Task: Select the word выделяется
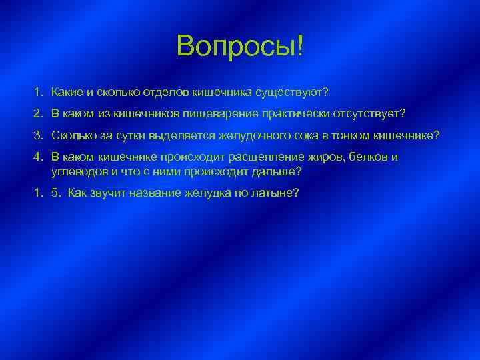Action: pyautogui.click(x=184, y=135)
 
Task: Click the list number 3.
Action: pyautogui.click(x=39, y=135)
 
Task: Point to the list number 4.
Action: pyautogui.click(x=39, y=158)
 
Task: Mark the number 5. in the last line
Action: pyautogui.click(x=55, y=193)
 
